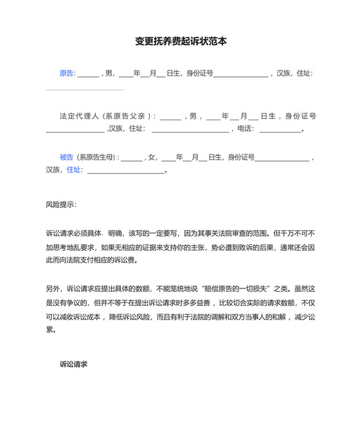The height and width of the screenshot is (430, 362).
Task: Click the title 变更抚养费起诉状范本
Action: (181, 41)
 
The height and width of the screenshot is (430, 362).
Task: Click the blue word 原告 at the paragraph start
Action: (67, 73)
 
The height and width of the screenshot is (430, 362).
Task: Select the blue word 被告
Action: (67, 157)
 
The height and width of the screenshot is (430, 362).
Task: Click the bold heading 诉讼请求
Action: (74, 365)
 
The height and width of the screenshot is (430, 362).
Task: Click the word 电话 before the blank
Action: (244, 129)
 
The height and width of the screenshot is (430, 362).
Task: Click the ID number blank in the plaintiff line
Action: (240, 74)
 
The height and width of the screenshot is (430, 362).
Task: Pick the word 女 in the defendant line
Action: (153, 157)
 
